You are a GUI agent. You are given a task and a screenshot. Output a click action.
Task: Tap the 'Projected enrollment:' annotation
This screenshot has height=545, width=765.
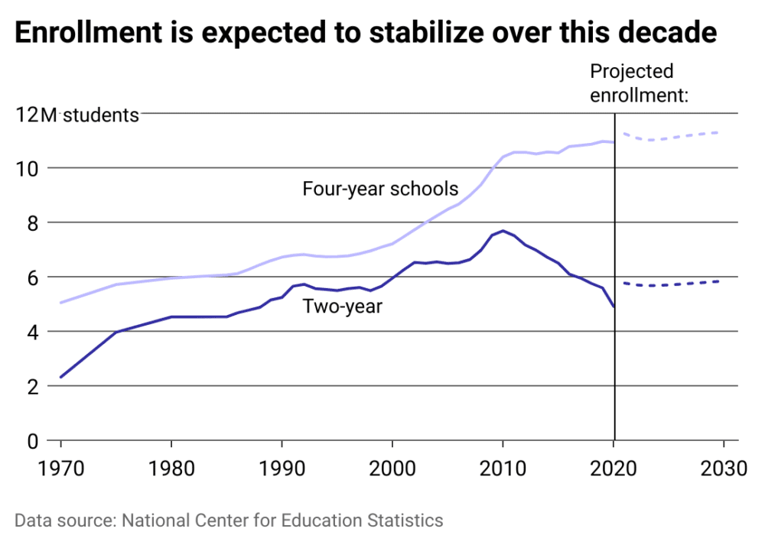[x=640, y=83]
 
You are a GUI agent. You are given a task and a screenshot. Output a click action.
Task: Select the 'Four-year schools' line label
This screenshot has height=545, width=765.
[x=380, y=188]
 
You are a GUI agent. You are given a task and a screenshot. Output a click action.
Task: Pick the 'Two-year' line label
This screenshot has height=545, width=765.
[x=343, y=307]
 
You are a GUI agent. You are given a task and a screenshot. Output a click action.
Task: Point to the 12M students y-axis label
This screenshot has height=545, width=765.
[x=78, y=115]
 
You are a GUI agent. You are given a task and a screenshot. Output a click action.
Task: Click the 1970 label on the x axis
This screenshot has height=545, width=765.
[x=60, y=466]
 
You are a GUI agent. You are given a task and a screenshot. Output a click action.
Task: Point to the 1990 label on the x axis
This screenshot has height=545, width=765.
[x=282, y=466]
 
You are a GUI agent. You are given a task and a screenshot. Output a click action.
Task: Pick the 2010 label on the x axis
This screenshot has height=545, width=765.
[x=503, y=466]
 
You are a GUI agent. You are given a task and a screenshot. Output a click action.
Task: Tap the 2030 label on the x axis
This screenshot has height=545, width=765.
[x=723, y=466]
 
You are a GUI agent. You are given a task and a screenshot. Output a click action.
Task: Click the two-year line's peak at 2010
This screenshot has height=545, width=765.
[x=503, y=231]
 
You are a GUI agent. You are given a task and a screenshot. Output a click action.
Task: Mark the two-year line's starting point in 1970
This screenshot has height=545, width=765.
[x=60, y=377]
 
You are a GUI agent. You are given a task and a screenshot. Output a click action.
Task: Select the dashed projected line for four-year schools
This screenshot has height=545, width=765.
[x=673, y=137]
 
